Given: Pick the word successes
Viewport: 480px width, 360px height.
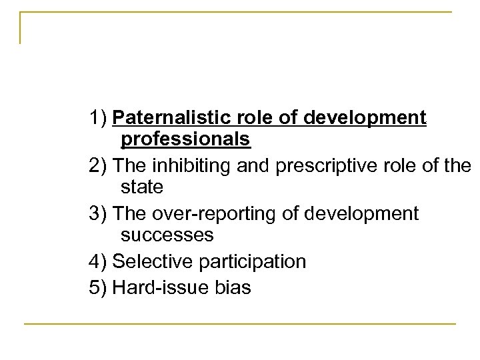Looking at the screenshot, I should [167, 234].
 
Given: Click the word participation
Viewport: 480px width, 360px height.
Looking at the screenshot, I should [251, 261].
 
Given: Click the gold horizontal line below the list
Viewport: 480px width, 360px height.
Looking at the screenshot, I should [240, 324].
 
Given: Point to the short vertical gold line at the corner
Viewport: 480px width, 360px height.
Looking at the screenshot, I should [21, 28].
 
